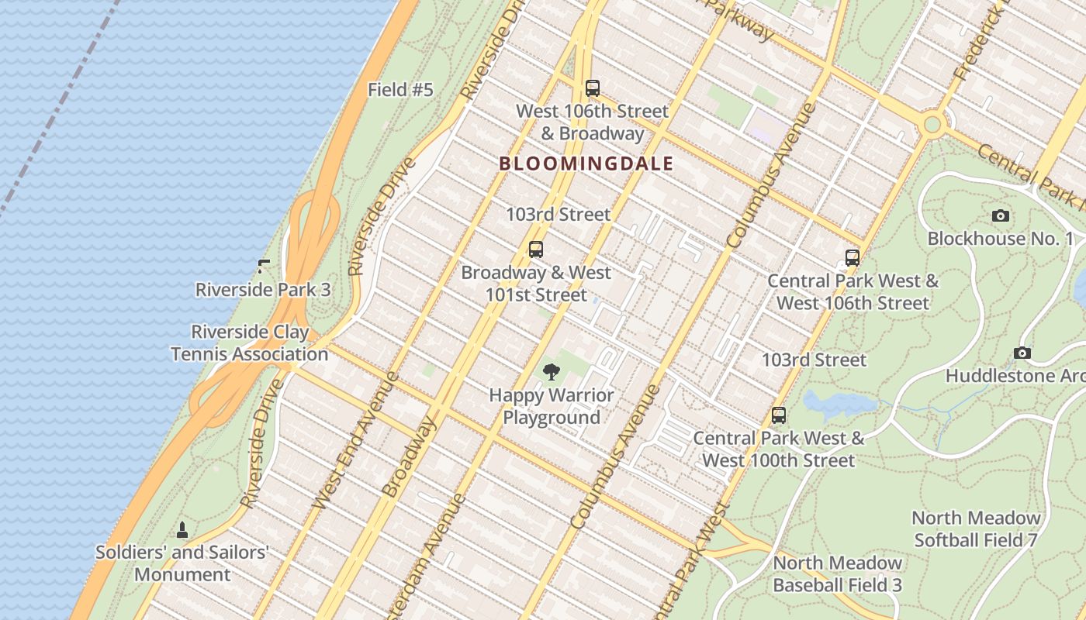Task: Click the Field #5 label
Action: pos(400,90)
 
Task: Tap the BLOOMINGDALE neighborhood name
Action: pos(586,164)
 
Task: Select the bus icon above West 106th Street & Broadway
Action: pos(593,88)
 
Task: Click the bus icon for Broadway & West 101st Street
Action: pos(535,250)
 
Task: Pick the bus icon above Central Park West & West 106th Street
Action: pos(853,258)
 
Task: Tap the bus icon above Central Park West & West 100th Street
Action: pos(779,415)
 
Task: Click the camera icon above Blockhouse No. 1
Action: pos(1001,216)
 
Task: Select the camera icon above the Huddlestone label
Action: pos(1022,353)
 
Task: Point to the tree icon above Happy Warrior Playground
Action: pos(551,373)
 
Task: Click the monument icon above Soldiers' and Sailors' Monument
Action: pos(182,530)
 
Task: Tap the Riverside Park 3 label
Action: pos(262,290)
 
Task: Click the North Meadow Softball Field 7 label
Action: pos(976,529)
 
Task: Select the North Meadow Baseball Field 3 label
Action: pos(837,574)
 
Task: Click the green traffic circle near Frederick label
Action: pos(932,124)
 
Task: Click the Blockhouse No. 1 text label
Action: pos(1000,239)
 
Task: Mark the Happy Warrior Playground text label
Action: pos(551,406)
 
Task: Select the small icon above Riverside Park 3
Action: pos(264,267)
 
